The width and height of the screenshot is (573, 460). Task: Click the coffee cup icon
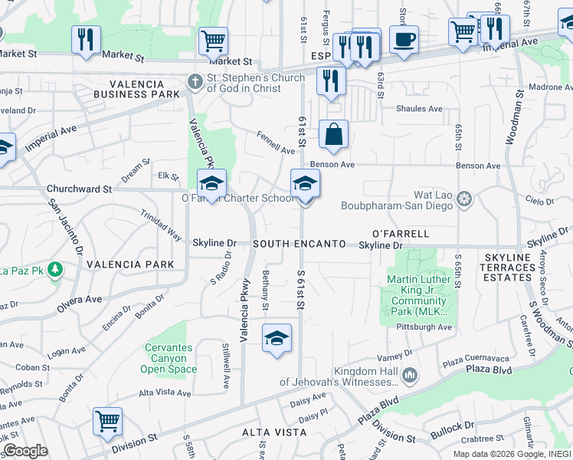coord(404,38)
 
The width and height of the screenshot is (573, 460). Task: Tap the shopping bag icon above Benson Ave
coord(333,134)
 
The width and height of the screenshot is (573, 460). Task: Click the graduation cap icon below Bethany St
coord(277,338)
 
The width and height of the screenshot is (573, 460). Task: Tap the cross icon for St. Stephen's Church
coord(196,79)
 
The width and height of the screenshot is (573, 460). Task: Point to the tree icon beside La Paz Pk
coord(54,270)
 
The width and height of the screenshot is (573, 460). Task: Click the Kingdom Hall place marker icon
coord(411,375)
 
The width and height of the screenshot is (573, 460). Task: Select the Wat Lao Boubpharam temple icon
coord(464,200)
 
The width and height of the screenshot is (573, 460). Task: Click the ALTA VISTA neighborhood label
coord(274,432)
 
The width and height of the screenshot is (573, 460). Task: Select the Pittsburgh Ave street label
coord(424,327)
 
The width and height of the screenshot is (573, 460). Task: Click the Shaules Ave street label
coord(419,109)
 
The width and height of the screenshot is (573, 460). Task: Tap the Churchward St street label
coord(79,188)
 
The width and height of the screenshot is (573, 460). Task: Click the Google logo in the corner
coord(26,451)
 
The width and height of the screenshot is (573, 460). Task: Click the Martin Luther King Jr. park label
coord(417,294)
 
